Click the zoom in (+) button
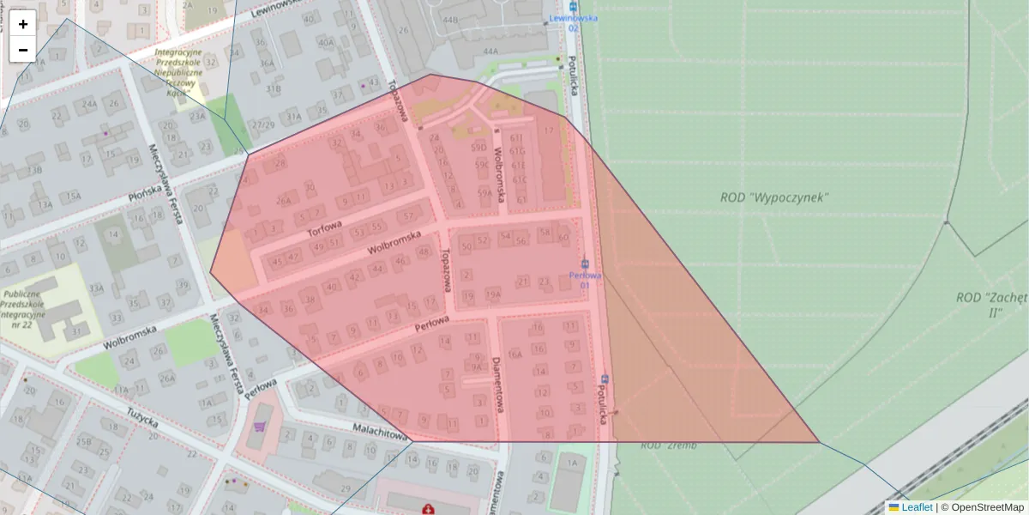[23, 24]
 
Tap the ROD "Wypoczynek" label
[774, 197]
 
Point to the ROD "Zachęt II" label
[990, 305]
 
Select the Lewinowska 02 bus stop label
[574, 22]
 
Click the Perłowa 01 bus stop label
[585, 280]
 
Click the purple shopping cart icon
[259, 426]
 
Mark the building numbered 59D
[478, 147]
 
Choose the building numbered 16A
[514, 353]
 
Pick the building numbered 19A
[492, 295]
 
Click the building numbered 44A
[490, 51]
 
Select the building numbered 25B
[84, 442]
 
